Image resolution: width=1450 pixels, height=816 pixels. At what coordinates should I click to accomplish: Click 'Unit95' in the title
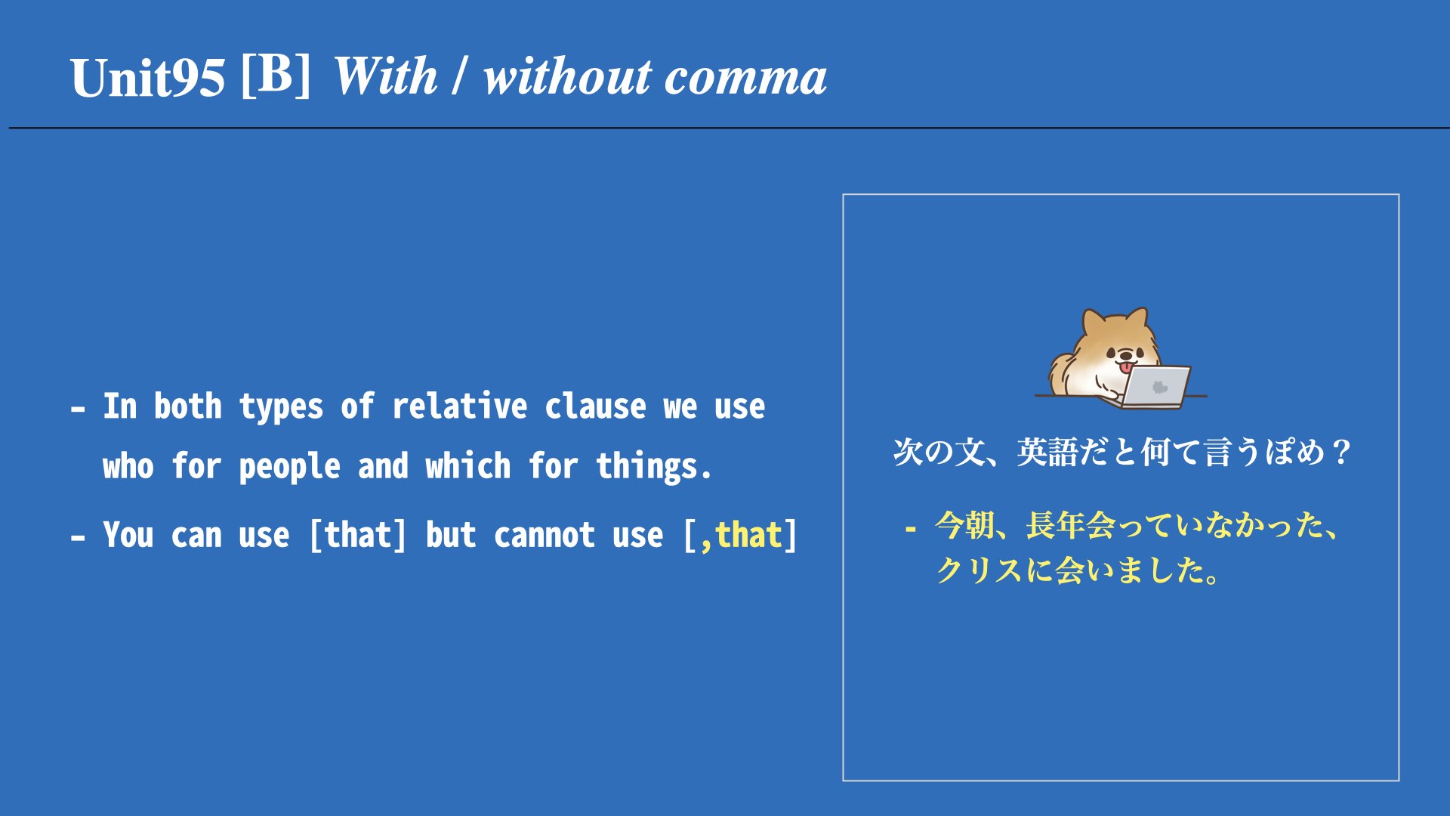coord(148,78)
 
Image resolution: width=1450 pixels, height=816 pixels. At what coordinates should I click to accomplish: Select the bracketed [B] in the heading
coord(276,75)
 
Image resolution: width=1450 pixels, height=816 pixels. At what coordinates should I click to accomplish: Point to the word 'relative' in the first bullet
coord(459,406)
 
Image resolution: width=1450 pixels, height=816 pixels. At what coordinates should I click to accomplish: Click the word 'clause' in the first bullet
coord(595,406)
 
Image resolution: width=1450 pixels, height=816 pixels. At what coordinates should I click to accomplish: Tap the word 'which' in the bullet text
coord(468,465)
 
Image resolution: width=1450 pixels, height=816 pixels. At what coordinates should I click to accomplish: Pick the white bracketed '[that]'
coord(358,535)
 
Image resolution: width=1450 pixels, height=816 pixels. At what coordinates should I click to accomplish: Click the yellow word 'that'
coord(748,535)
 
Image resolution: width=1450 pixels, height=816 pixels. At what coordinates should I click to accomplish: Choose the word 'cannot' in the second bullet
coord(545,536)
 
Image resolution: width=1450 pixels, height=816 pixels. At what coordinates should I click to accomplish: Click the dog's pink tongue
coord(1126,368)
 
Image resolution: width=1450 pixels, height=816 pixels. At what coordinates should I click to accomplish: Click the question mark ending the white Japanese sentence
coord(1341,452)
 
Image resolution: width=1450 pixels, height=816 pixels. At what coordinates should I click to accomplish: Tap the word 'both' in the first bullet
coord(188,406)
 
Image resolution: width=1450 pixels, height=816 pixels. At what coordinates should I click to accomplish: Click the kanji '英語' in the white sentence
coord(1047,452)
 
